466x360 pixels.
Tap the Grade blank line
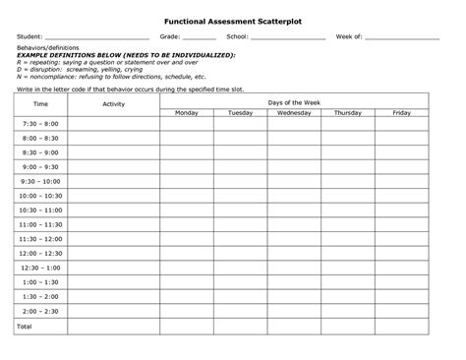click(x=199, y=37)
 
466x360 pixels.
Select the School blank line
click(x=287, y=37)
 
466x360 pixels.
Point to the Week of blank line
click(x=401, y=37)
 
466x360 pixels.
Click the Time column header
click(x=40, y=103)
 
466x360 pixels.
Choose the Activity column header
click(x=113, y=103)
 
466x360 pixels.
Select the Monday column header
click(x=187, y=113)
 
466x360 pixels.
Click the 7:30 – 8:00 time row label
click(x=40, y=125)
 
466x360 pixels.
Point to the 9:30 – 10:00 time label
click(x=40, y=182)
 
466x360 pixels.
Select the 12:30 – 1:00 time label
click(x=40, y=268)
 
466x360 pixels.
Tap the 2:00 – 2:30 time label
click(x=40, y=311)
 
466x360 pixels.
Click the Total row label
click(x=25, y=326)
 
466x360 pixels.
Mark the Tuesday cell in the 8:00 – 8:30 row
click(x=240, y=139)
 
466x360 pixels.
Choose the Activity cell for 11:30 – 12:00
click(x=113, y=239)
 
